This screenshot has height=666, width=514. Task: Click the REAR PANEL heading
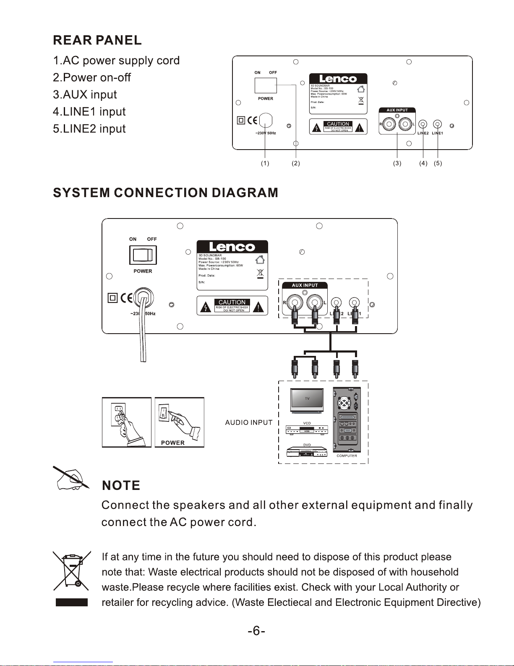point(97,40)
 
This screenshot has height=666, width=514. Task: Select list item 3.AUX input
point(85,95)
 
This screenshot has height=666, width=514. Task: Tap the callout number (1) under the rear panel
point(265,163)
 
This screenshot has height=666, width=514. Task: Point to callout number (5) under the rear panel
point(438,163)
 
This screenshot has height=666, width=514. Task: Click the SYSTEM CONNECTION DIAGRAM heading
point(166,193)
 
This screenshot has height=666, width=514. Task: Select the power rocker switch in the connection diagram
point(143,255)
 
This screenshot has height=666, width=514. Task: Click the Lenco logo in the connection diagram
point(232,247)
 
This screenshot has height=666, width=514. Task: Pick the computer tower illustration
point(347,420)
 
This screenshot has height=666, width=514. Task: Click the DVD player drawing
point(307,452)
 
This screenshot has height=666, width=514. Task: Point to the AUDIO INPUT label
point(249,423)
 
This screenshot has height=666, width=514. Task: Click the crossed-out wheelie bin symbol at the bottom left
point(71,571)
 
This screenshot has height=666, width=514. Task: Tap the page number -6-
point(256,631)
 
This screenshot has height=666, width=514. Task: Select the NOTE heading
point(121,486)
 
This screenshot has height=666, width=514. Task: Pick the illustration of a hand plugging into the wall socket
point(126,422)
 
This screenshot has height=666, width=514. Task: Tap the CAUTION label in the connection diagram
point(232,302)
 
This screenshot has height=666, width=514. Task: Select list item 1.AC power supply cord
point(116,61)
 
